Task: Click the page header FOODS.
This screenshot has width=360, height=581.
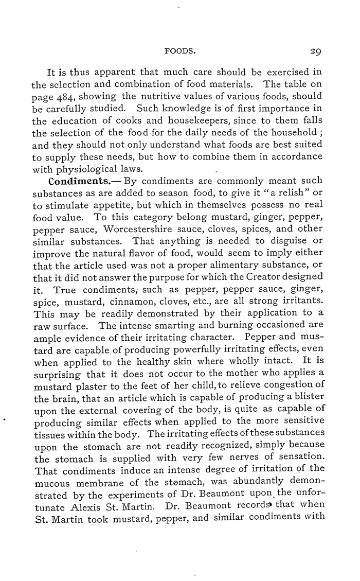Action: [x=177, y=51]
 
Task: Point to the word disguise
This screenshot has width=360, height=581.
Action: [x=292, y=241]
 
